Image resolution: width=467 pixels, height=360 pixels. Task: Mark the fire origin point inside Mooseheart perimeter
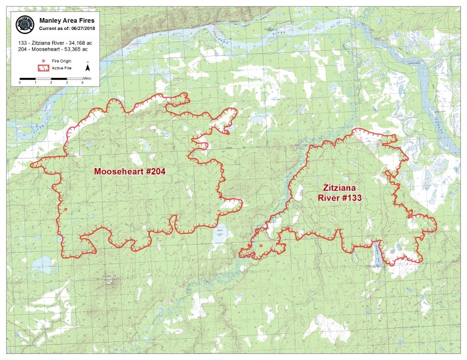click(x=65, y=210)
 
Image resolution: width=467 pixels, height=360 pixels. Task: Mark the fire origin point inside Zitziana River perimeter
click(x=260, y=247)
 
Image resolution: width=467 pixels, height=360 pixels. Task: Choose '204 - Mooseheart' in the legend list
click(x=35, y=49)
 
